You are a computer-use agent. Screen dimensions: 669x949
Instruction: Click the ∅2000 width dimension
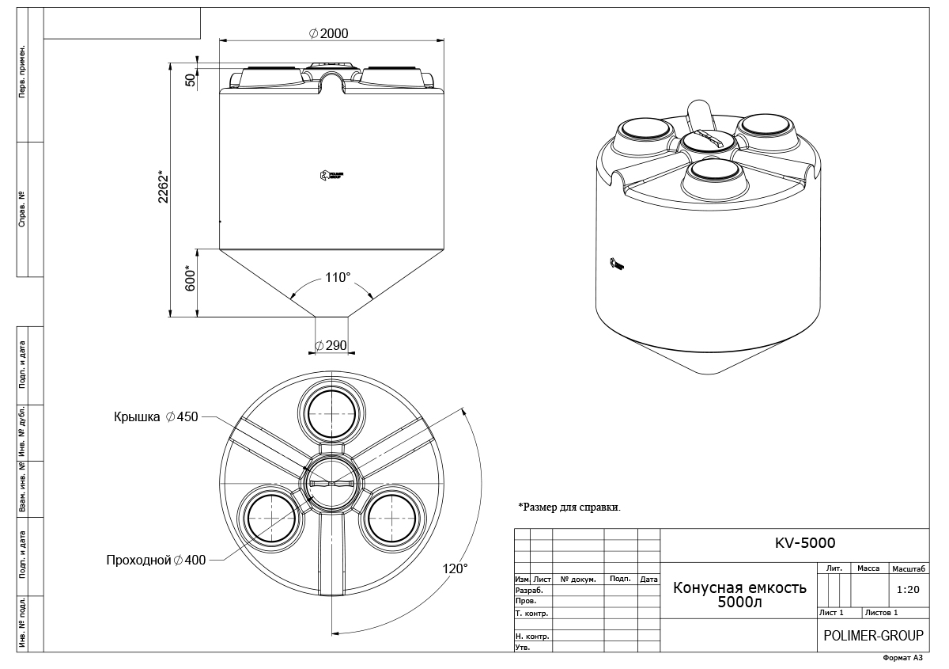pos(329,33)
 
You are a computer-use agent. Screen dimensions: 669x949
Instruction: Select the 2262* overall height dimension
pos(164,188)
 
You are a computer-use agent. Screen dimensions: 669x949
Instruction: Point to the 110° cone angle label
pos(337,278)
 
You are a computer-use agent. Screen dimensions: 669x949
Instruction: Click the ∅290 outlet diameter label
pos(331,346)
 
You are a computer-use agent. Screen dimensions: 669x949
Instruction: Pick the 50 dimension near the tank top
pos(190,79)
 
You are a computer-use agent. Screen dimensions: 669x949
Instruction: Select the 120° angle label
pos(456,568)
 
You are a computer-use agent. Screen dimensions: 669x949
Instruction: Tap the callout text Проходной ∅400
pos(157,561)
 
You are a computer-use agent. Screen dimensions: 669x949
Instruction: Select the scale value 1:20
pos(909,590)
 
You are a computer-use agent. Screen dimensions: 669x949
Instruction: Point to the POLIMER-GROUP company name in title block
pos(873,636)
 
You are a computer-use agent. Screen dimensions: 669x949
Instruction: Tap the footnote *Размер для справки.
pos(569,507)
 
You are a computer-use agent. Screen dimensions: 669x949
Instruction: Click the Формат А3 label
pos(902,658)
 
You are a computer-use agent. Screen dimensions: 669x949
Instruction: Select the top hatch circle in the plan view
pos(332,414)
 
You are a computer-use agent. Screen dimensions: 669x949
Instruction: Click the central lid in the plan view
pos(331,484)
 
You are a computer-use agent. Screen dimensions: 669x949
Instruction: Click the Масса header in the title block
pos(868,568)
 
